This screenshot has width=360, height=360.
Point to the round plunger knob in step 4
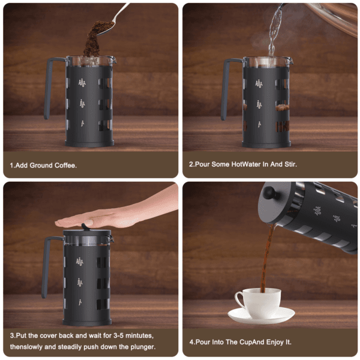pyautogui.click(x=269, y=194)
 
